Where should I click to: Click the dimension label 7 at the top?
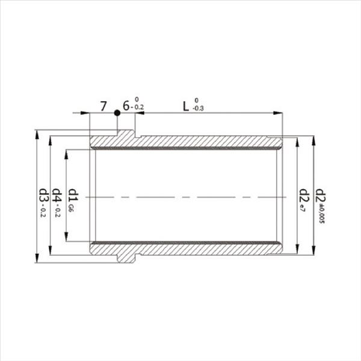click(x=103, y=107)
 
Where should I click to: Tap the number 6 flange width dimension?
click(x=126, y=106)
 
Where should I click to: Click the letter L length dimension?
click(x=186, y=106)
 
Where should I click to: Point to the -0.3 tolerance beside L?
click(x=199, y=109)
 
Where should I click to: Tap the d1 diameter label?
click(x=72, y=196)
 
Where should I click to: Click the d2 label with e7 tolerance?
click(x=304, y=196)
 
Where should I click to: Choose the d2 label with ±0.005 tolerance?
click(x=321, y=196)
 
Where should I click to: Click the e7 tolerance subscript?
click(x=304, y=209)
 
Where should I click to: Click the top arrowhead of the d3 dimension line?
click(x=37, y=134)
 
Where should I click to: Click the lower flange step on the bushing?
click(x=126, y=257)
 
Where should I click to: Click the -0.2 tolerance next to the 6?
click(x=139, y=109)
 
